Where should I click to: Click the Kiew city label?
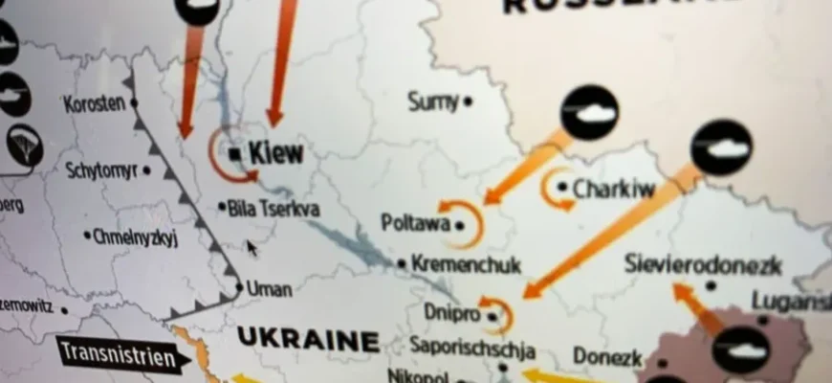point(275,152)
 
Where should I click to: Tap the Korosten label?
point(94,102)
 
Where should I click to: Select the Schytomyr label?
point(102,170)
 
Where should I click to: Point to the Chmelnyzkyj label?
point(136,237)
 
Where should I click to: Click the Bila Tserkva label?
point(274,207)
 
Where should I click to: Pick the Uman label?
point(269,287)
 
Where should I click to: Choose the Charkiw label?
point(613,189)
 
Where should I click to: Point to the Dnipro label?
point(449,311)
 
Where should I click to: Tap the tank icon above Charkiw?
point(589,112)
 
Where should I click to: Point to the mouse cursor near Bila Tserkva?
point(252,248)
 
